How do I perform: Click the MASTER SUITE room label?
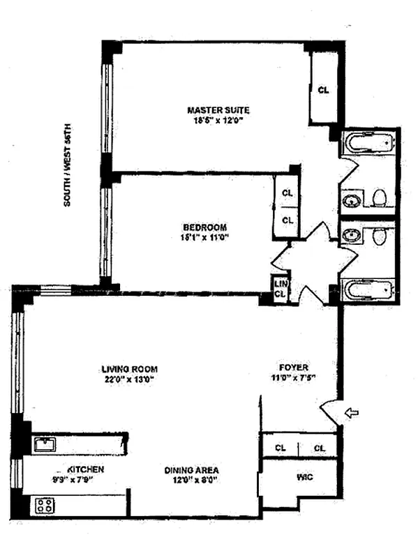click(218, 110)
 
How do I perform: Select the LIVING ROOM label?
click(129, 369)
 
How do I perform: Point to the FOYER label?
click(294, 368)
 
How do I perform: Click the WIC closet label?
click(303, 478)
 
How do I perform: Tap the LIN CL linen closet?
click(280, 289)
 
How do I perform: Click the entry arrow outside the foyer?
click(352, 414)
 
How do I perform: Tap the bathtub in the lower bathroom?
click(368, 289)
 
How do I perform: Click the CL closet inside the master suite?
click(322, 90)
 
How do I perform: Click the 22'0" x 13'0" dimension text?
click(129, 379)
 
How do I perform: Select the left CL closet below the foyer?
click(280, 448)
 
